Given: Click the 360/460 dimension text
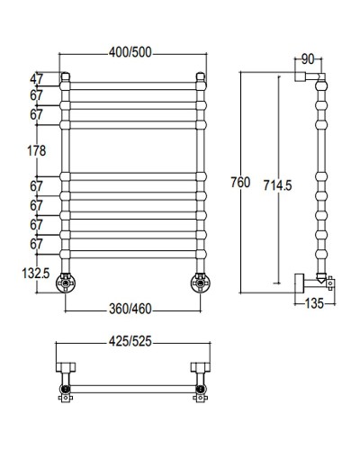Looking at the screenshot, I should coord(131,309).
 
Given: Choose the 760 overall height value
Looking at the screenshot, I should coord(239,183).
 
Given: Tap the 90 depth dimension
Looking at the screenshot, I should coord(309,61).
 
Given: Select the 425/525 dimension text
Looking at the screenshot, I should coord(131,343).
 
